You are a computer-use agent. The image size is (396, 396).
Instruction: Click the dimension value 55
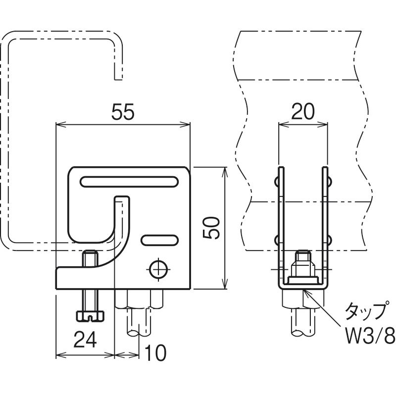(123, 112)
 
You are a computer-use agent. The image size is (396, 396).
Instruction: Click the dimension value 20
(303, 112)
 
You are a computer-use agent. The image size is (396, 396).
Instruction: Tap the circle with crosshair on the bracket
(158, 269)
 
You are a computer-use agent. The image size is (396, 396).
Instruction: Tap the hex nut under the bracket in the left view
(139, 299)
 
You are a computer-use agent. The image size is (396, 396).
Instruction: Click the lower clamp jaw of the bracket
(84, 278)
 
